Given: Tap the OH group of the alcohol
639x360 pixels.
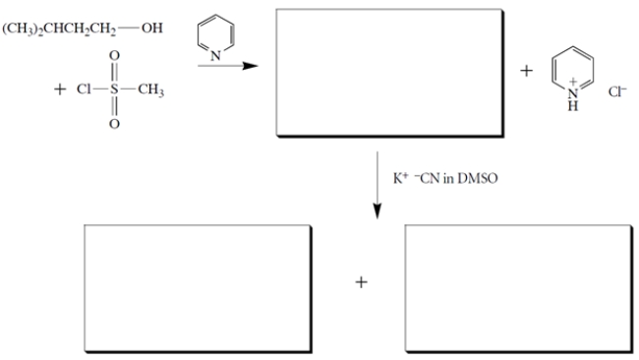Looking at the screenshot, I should pyautogui.click(x=152, y=28).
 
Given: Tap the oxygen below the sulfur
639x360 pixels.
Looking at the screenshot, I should pyautogui.click(x=114, y=124).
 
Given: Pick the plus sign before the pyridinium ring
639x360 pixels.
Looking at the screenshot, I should pyautogui.click(x=526, y=70).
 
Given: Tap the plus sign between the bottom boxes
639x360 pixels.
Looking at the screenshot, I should pyautogui.click(x=362, y=283).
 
